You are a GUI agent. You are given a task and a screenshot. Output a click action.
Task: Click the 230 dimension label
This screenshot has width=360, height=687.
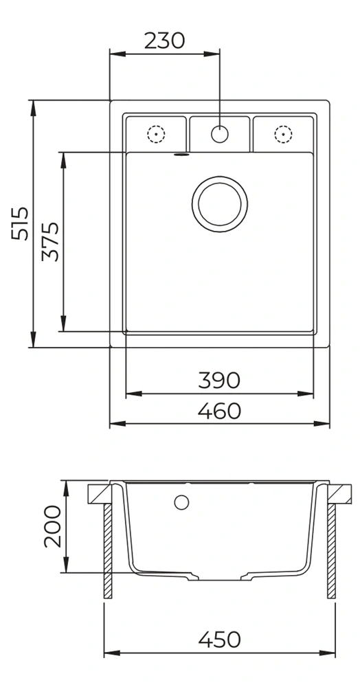click(165, 41)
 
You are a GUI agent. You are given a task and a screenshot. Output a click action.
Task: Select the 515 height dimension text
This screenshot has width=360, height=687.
click(20, 223)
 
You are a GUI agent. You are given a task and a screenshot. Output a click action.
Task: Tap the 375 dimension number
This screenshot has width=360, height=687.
click(50, 241)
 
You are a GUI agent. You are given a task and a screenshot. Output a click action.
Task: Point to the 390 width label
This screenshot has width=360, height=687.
click(219, 380)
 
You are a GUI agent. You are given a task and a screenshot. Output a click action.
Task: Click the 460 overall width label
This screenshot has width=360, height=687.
click(219, 411)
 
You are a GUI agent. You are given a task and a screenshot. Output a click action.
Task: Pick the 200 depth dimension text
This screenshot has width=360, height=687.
click(52, 526)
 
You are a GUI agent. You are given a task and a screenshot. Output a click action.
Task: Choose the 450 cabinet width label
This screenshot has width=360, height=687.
click(219, 639)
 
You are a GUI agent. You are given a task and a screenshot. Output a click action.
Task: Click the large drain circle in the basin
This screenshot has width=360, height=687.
click(219, 204)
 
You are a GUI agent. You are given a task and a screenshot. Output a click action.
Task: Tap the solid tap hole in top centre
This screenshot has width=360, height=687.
click(219, 134)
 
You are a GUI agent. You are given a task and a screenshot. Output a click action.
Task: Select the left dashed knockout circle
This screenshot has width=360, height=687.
click(156, 134)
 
